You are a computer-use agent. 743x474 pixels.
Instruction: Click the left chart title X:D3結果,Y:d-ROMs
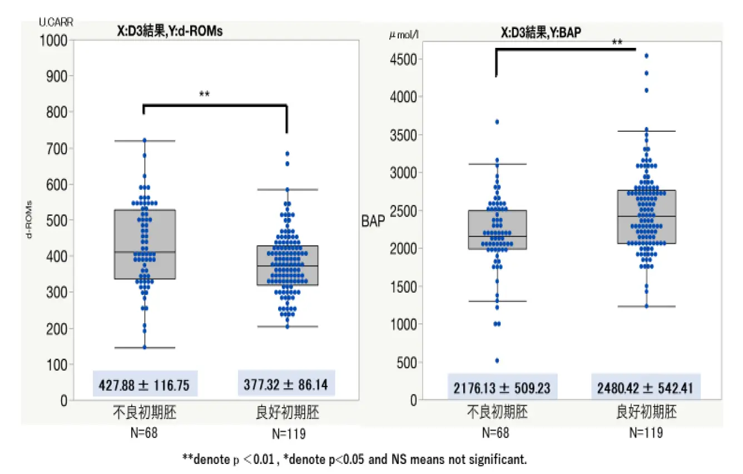pos(166,31)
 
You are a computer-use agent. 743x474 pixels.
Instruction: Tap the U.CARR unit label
pos(56,22)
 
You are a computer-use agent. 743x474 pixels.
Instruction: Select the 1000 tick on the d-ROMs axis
pos(55,40)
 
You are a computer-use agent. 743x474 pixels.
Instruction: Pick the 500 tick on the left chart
pos(57,220)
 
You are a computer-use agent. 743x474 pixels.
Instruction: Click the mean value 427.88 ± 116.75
pos(145,384)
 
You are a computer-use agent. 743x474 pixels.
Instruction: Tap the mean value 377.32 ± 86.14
pos(286,384)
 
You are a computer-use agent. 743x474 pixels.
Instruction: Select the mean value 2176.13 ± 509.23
pos(502,387)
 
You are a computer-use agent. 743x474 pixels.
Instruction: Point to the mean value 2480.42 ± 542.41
pos(646,387)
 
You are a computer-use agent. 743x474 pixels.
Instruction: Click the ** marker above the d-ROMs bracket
pos(204,95)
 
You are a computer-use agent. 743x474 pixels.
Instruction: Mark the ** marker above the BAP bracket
pos(617,42)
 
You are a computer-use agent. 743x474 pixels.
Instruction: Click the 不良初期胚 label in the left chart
pos(145,412)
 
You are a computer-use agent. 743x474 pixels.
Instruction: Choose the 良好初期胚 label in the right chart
pos(647,412)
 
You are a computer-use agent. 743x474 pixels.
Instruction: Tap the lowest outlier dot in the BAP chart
pos(497,361)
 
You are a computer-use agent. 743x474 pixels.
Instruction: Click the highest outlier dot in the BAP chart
pos(646,56)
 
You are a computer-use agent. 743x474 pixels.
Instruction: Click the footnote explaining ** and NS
pos(354,459)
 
